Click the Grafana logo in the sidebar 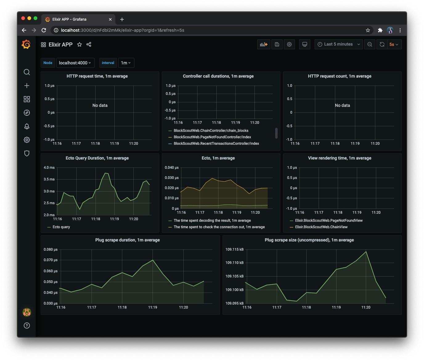(x=26, y=44)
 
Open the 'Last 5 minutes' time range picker (x=338, y=44)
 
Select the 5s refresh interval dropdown (x=393, y=44)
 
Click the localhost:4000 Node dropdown (x=75, y=63)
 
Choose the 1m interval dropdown (x=126, y=63)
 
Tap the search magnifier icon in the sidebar (x=27, y=72)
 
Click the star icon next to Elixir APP (x=79, y=44)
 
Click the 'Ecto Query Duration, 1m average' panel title (x=97, y=158)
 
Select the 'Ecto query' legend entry (x=61, y=227)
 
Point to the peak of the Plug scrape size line (x=366, y=252)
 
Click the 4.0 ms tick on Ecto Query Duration (x=49, y=168)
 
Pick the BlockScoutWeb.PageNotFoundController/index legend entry (x=212, y=137)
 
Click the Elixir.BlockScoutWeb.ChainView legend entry (x=321, y=227)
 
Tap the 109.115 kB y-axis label (x=234, y=249)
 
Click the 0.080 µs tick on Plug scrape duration (x=51, y=249)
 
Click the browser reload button (x=44, y=30)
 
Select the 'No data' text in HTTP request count (x=342, y=105)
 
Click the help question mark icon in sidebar (x=27, y=326)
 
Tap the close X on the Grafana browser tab (x=110, y=19)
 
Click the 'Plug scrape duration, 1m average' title (x=127, y=240)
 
